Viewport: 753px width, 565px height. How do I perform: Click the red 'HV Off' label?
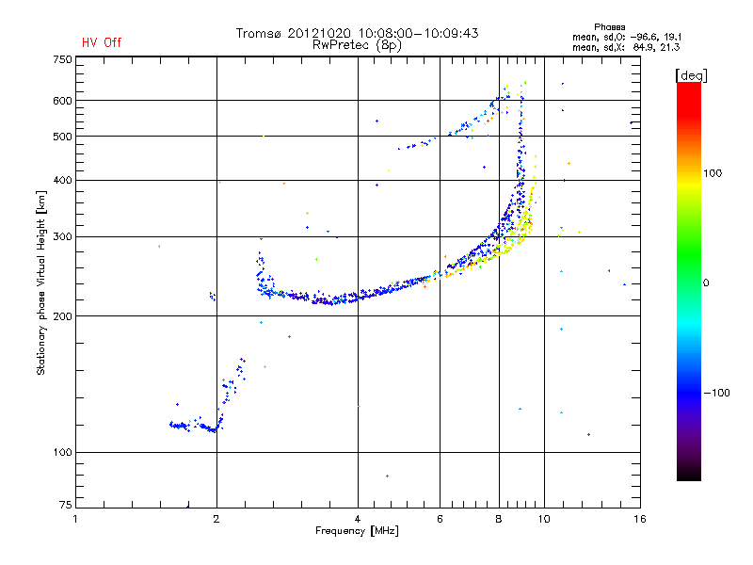(x=102, y=42)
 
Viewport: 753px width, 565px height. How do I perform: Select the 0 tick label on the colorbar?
(x=709, y=282)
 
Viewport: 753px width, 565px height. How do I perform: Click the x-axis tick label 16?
(x=639, y=519)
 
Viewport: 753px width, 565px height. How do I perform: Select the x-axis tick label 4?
(x=358, y=519)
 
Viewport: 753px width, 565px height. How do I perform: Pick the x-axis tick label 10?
(x=543, y=519)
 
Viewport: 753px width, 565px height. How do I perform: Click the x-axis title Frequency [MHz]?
(x=358, y=532)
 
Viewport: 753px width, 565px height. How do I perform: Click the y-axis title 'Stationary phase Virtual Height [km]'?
(x=41, y=282)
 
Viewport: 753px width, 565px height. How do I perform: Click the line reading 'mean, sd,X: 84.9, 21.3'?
(x=626, y=46)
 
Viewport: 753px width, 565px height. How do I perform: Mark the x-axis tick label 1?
(x=76, y=519)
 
